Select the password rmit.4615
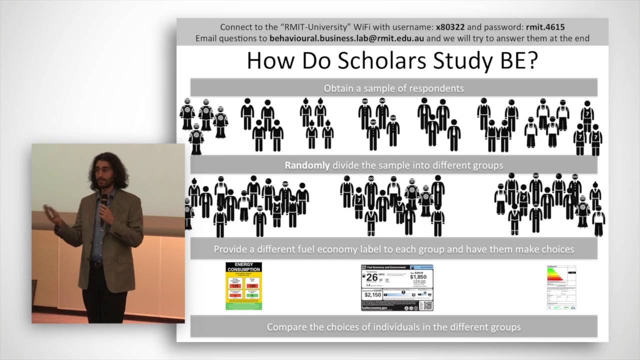coord(541,27)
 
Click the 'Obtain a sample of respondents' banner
coord(393,88)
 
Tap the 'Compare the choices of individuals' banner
coord(393,327)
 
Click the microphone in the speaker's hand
coord(103,202)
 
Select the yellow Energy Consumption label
coord(243,286)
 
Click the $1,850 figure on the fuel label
coord(418,276)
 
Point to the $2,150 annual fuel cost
coord(373,294)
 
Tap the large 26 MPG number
coord(372,277)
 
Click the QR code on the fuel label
coord(425,304)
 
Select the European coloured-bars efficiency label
coord(561,287)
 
